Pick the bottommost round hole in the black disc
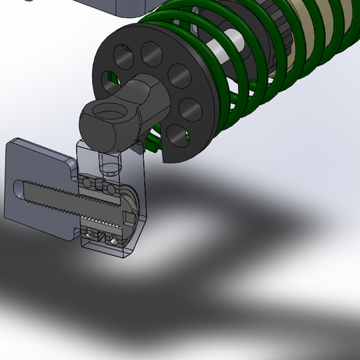(172, 137)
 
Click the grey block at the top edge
(119, 7)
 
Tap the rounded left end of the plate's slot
(19, 188)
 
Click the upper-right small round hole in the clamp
(110, 188)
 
